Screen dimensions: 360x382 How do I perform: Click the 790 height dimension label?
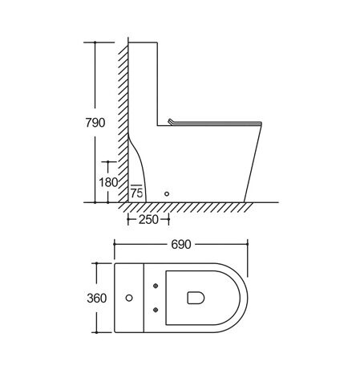pos(95,123)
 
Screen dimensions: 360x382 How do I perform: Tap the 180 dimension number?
pos(108,182)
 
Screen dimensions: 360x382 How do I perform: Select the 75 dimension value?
pos(137,193)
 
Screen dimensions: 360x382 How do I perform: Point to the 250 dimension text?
pos(148,220)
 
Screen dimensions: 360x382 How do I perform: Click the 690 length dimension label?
pos(181,244)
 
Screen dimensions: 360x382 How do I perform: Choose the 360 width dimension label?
pos(97,298)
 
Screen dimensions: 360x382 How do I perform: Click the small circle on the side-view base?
pos(167,193)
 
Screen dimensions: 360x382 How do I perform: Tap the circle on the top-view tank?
pos(129,298)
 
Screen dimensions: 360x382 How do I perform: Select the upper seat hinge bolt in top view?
pos(156,286)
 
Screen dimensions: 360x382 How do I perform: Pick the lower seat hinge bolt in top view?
pos(156,310)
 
